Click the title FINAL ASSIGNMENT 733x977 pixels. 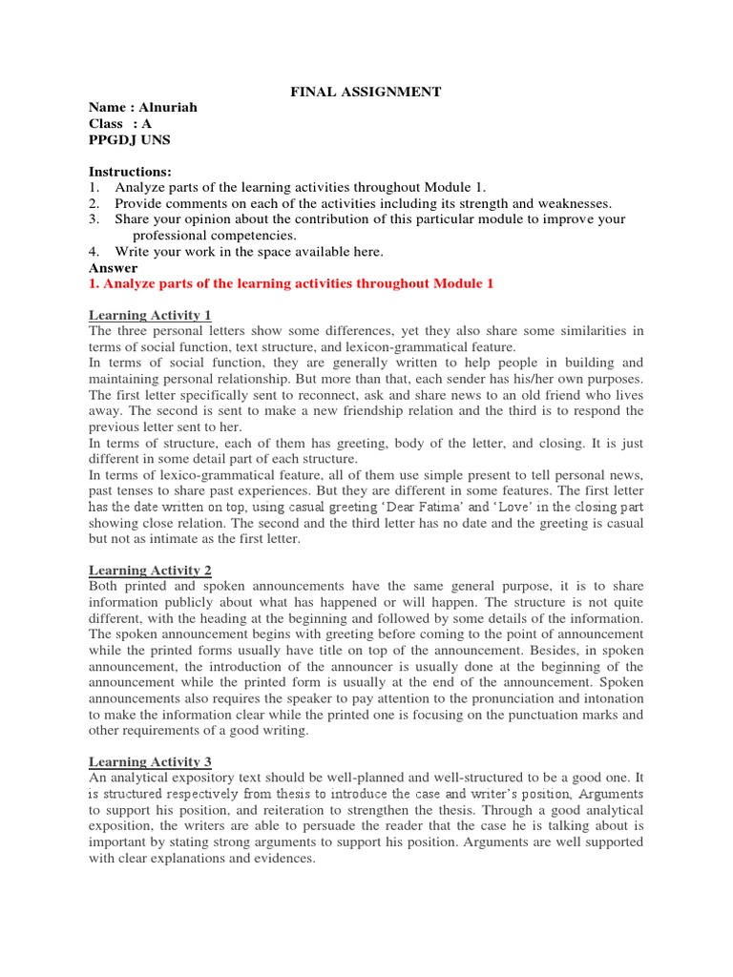(366, 92)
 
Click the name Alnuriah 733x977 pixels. (168, 108)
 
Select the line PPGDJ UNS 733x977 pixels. (130, 139)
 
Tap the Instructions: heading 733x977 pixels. (130, 172)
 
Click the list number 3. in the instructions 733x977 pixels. (94, 219)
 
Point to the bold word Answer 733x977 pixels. (113, 268)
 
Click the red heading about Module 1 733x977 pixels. (291, 284)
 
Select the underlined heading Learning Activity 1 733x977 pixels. (150, 316)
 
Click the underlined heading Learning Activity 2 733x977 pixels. (150, 570)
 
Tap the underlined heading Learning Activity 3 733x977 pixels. (150, 761)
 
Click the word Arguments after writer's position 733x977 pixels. (611, 794)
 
